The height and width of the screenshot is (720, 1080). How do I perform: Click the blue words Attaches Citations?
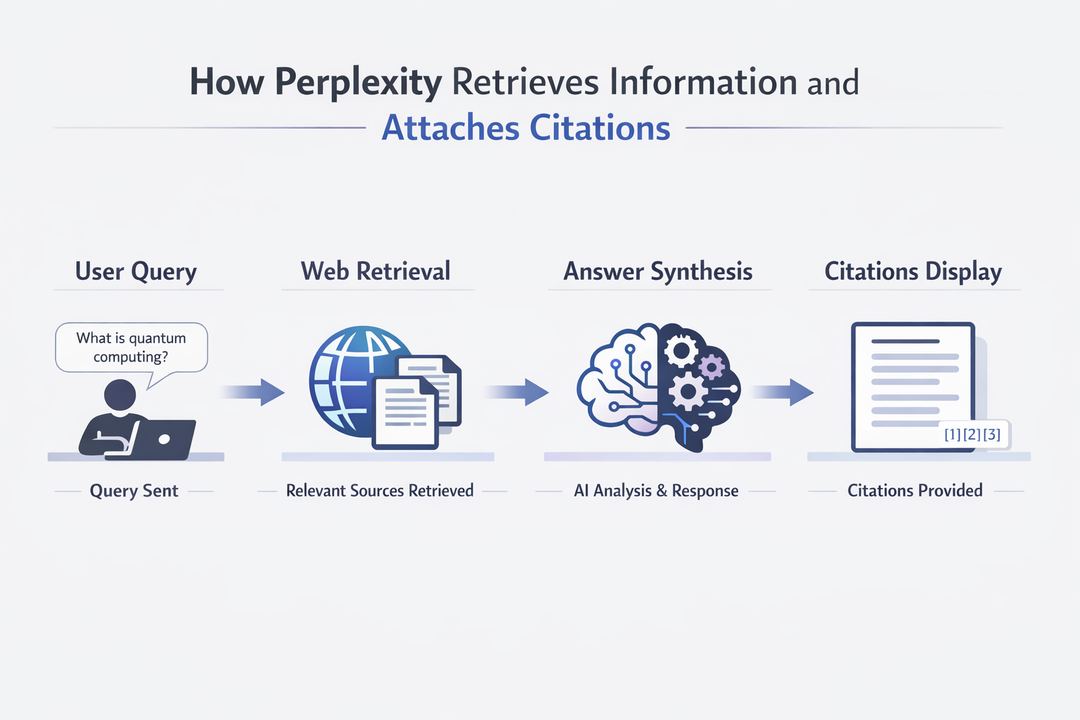(526, 128)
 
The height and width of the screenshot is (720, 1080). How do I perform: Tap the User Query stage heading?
(136, 271)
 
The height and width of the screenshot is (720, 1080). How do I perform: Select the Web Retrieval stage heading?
(375, 271)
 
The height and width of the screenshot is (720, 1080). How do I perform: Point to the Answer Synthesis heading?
(658, 271)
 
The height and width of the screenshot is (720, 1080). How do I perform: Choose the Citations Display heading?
(913, 271)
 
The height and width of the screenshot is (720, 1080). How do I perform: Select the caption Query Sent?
(135, 491)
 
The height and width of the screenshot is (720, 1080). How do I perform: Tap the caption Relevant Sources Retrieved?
(380, 491)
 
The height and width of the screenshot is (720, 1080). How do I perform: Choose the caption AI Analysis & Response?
(656, 491)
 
